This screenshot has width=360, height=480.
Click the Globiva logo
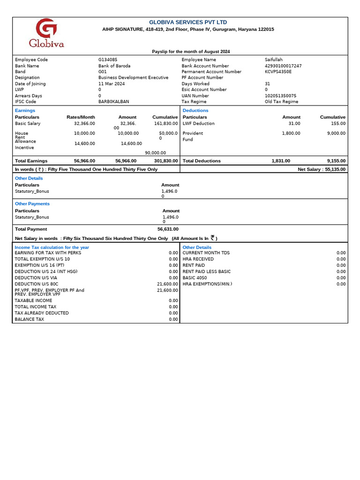click(x=46, y=33)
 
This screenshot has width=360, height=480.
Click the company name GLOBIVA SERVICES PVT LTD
click(x=187, y=22)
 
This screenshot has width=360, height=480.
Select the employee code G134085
click(x=108, y=60)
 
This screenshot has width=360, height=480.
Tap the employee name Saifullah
click(x=274, y=60)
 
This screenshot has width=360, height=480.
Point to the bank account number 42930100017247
click(x=283, y=66)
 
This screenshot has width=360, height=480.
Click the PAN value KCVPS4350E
click(x=278, y=72)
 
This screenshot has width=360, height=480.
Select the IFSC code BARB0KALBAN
click(x=113, y=101)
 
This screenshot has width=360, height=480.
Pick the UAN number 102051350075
click(x=280, y=96)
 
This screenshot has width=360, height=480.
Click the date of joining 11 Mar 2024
click(x=112, y=84)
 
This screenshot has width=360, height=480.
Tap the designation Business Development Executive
click(x=133, y=78)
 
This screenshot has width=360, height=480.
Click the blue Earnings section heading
click(x=25, y=111)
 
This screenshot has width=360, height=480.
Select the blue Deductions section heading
click(x=195, y=111)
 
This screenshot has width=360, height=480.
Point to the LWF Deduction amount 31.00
click(x=294, y=124)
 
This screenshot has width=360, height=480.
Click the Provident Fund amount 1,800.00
click(x=291, y=134)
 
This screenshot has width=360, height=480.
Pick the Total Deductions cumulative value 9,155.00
click(x=336, y=161)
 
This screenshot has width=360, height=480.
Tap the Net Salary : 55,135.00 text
click(x=322, y=169)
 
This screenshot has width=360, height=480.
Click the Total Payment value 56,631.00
click(x=168, y=229)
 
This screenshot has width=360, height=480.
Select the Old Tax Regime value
click(x=281, y=101)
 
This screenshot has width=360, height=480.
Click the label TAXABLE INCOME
click(x=33, y=300)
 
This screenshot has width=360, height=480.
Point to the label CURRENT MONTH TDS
click(x=206, y=253)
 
